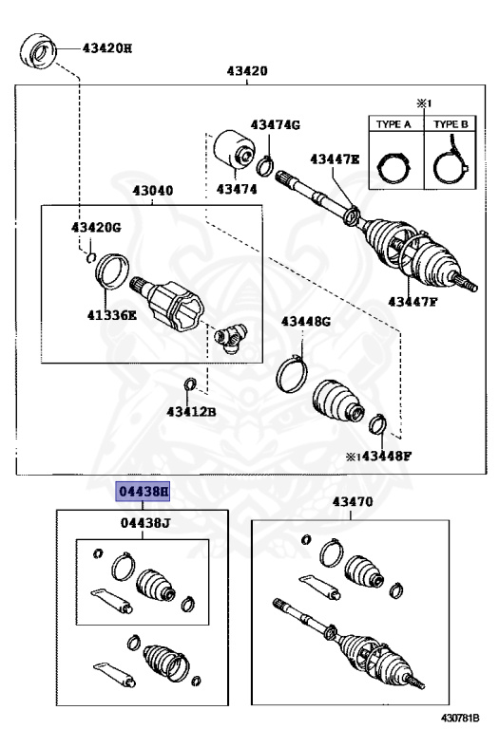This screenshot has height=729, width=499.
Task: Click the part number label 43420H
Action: [107, 47]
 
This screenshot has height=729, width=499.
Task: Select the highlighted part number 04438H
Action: [143, 492]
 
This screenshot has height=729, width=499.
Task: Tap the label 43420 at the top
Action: [247, 71]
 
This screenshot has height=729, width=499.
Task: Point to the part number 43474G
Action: [275, 125]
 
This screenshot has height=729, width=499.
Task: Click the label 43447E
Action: [334, 159]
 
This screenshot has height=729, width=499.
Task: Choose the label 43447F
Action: [412, 302]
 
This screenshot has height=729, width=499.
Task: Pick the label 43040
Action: [152, 191]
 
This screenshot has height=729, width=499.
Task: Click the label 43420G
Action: [96, 228]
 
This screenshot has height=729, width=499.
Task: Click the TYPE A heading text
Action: [389, 124]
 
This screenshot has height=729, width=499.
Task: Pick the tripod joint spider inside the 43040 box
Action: [232, 338]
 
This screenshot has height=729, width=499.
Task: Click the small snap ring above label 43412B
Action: [190, 384]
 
